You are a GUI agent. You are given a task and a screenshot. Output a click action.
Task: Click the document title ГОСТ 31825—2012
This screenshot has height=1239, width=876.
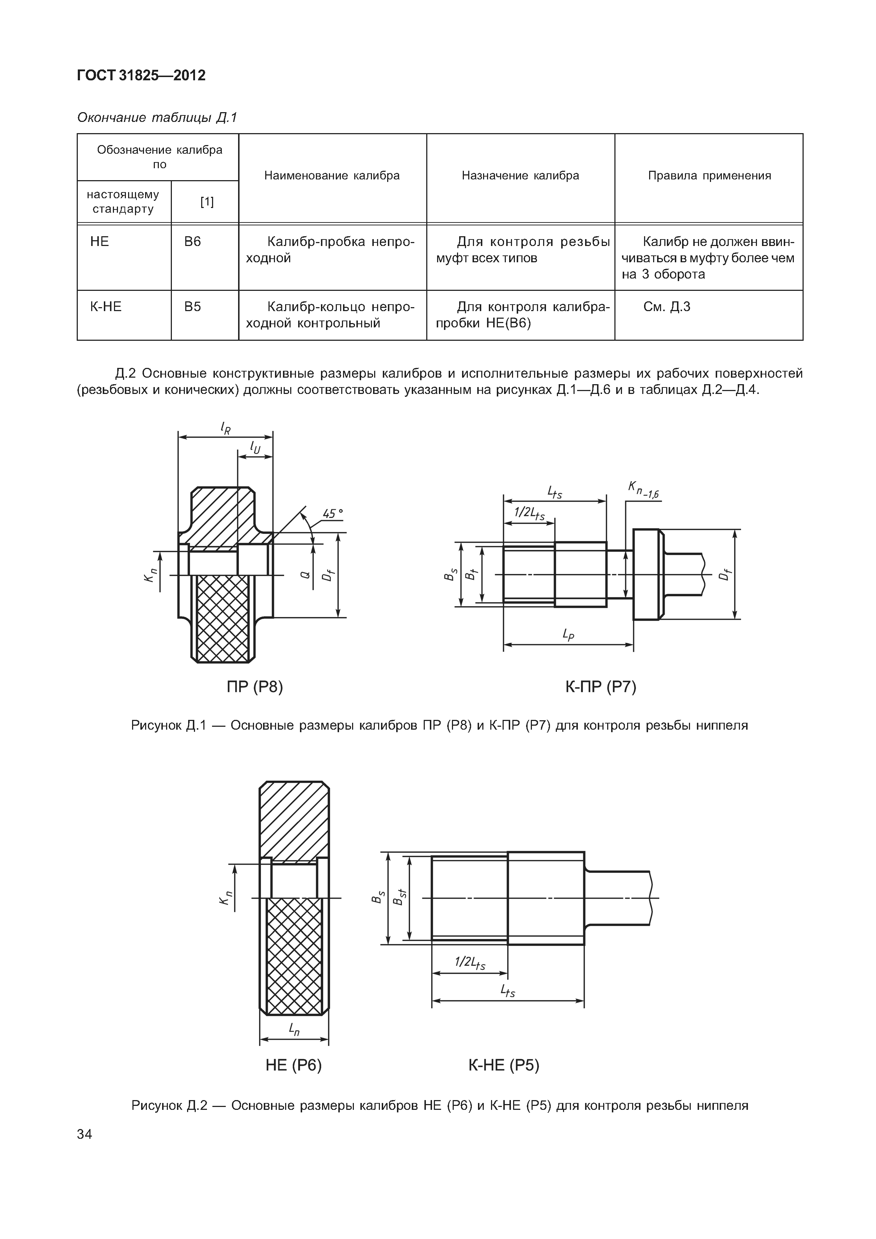pos(141,76)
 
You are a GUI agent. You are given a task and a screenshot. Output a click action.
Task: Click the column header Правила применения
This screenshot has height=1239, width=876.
pos(709,175)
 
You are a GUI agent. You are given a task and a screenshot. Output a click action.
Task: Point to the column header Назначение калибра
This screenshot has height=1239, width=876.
pos(520,175)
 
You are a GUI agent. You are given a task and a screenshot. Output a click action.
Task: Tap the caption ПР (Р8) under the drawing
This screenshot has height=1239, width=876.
pos(255,687)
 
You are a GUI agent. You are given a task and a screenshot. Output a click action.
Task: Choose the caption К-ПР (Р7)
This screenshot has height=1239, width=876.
pos(601,687)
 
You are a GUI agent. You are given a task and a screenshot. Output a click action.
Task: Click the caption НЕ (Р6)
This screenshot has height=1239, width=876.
pos(293,1065)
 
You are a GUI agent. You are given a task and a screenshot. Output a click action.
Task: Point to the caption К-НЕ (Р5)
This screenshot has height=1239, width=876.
pos(504,1065)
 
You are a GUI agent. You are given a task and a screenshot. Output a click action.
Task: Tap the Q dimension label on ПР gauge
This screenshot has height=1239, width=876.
pos(305,576)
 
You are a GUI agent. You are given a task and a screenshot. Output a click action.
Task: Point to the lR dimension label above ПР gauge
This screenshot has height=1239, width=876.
pos(226,428)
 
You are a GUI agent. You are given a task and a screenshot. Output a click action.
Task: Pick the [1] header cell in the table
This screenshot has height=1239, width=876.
pos(207,202)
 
